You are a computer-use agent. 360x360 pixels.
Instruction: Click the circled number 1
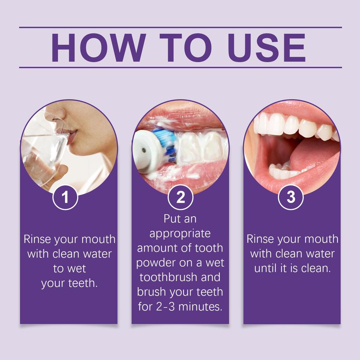click(65, 198)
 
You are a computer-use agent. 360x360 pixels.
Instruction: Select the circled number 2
click(180, 198)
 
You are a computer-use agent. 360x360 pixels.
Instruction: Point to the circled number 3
click(291, 198)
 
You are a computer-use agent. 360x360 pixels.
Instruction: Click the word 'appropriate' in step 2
click(180, 233)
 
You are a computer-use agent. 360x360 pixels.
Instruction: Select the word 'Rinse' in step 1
click(37, 239)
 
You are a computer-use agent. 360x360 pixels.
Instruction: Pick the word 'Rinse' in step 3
click(260, 239)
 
